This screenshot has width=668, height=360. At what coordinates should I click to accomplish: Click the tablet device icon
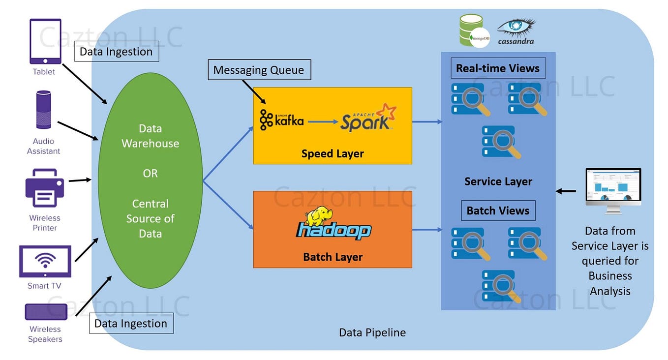[x=45, y=41]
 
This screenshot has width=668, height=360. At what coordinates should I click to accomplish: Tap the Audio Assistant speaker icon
[x=43, y=110]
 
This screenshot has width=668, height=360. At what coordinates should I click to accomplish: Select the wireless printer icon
[x=44, y=188]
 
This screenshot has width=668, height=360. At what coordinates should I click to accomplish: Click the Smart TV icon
[x=45, y=262]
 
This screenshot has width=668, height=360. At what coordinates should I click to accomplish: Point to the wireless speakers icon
[x=46, y=312]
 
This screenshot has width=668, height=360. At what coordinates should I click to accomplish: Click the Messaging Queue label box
[x=259, y=70]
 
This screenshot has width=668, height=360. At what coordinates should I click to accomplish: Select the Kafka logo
[x=281, y=120]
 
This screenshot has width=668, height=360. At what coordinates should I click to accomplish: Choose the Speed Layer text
[x=333, y=153]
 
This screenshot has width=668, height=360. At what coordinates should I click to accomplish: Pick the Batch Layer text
[x=333, y=257]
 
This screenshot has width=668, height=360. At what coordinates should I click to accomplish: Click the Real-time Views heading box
[x=498, y=68]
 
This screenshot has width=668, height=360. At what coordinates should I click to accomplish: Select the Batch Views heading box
[x=498, y=210]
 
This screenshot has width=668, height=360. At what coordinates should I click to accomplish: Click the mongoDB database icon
[x=473, y=31]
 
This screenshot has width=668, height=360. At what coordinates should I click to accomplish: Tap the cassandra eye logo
[x=516, y=30]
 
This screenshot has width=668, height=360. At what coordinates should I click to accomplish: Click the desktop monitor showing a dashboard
[x=613, y=190]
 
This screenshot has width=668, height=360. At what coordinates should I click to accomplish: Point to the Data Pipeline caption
[x=372, y=332]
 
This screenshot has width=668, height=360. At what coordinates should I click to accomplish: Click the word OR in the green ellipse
[x=150, y=174]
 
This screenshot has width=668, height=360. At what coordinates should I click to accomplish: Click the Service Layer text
[x=498, y=181]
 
